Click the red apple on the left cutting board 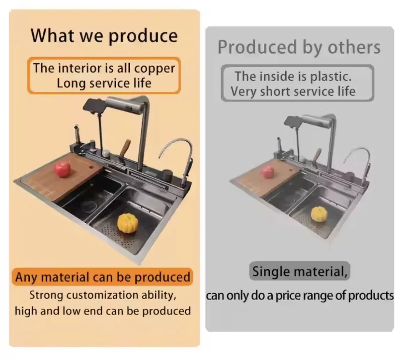[62, 169]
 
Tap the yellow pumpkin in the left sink [128, 223]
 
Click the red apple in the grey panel [268, 172]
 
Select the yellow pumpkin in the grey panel [319, 214]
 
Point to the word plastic [331, 77]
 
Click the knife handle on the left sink [125, 148]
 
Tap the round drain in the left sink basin [88, 206]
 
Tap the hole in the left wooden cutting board [91, 167]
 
